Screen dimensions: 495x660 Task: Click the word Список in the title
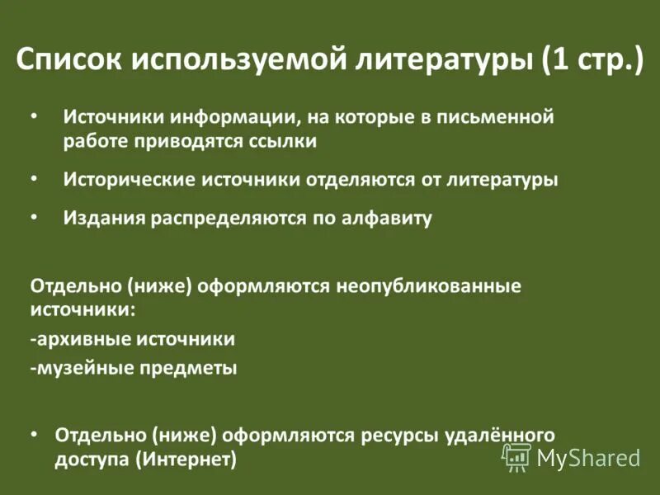pos(68,61)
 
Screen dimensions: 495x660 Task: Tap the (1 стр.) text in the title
pos(592,61)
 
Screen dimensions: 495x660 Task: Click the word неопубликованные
pos(428,285)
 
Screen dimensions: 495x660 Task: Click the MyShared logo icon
pos(517,456)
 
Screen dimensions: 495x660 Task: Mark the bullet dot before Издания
pos(34,217)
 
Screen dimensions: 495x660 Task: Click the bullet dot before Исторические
pos(34,177)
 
